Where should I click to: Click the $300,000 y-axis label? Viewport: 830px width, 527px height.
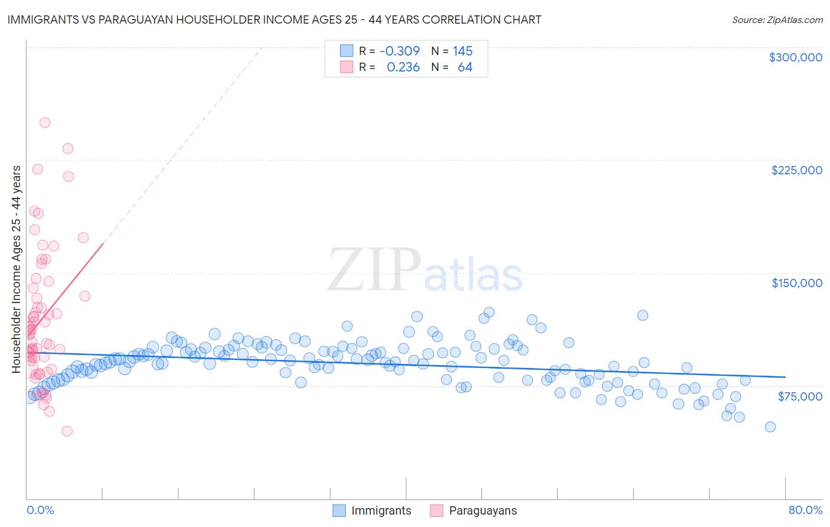795,57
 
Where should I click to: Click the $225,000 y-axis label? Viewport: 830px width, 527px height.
796,170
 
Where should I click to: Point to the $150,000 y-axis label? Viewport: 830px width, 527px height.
796,283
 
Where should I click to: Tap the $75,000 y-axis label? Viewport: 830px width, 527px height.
799,396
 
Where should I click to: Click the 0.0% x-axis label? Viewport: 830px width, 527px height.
40,510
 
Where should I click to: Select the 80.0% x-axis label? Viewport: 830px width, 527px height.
805,510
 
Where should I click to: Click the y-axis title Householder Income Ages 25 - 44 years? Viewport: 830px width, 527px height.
17,269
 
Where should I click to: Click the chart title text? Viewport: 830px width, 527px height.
275,19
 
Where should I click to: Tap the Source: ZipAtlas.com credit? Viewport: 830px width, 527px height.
777,20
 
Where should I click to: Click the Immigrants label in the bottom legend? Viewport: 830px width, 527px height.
381,510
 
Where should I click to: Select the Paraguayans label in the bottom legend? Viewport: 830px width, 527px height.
482,510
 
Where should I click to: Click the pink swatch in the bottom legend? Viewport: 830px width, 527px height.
436,510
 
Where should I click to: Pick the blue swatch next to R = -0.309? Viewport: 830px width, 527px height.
346,51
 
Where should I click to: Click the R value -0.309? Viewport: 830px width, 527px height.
400,51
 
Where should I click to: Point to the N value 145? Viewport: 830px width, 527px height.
463,51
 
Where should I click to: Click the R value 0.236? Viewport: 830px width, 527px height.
403,67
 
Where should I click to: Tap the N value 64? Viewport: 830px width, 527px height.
465,67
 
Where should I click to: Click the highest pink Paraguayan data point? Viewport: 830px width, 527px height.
45,123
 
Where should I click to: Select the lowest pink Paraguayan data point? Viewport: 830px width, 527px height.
67,431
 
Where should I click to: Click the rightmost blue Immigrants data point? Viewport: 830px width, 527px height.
770,427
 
